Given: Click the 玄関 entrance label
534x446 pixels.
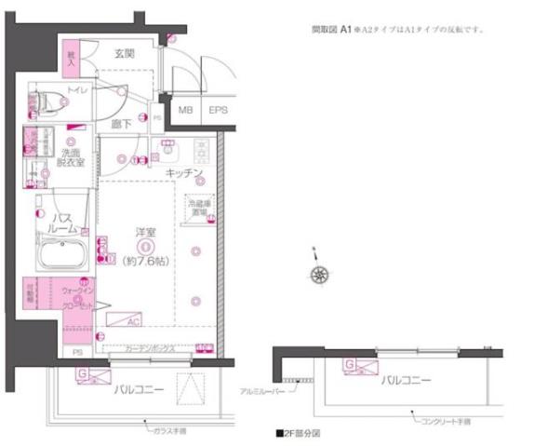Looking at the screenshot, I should (126, 54).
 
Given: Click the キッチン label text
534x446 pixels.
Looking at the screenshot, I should (184, 173).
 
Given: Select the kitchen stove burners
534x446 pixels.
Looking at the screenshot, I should (202, 149).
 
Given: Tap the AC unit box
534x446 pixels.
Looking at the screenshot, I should (123, 319).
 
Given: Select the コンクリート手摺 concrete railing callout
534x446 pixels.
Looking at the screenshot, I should (443, 421).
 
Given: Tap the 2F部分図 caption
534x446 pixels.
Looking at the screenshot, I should (297, 434).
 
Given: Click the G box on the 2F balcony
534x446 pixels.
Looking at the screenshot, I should (348, 364).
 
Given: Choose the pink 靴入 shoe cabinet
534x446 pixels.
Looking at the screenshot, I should (69, 58).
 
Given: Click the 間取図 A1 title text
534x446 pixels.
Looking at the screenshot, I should (330, 30).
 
